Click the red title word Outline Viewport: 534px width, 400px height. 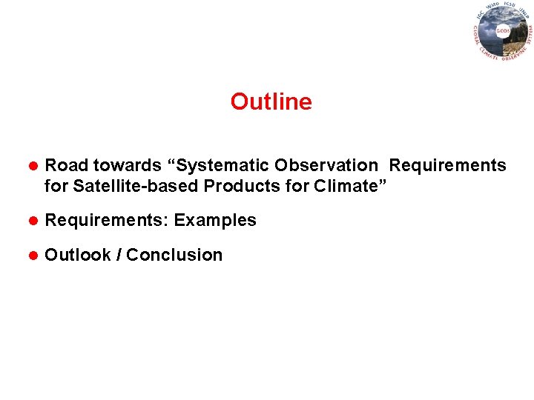tap(271, 101)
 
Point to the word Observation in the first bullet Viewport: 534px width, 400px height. tap(326, 165)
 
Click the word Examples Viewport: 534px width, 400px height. tap(215, 220)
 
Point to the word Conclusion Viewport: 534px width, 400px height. tap(174, 255)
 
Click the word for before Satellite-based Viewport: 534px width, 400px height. tap(56, 186)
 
